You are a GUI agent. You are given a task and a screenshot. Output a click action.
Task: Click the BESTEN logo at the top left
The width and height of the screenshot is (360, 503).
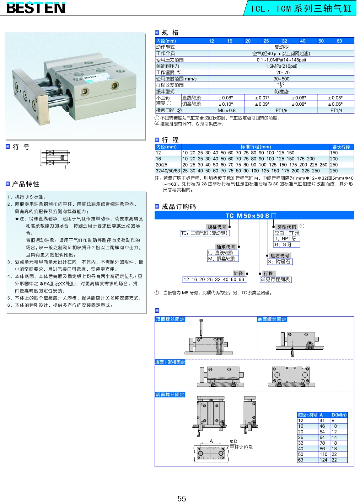point(36,8)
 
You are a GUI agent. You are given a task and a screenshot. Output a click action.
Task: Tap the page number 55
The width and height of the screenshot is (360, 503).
point(181,499)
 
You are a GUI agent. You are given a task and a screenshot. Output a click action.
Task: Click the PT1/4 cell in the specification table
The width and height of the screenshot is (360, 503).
point(336,110)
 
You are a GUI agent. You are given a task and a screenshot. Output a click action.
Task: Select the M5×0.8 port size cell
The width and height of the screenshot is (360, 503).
point(226,110)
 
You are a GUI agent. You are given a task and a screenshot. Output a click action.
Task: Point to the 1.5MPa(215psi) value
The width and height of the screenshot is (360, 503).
point(281,66)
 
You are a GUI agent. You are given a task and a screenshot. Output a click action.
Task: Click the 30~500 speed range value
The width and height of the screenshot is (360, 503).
point(281,79)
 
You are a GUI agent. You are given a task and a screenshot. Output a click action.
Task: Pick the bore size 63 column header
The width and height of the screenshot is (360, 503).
point(339,41)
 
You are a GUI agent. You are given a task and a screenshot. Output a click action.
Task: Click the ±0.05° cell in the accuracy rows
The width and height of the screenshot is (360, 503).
point(335,98)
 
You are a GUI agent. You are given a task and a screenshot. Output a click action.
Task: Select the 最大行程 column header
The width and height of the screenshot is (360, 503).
point(341,147)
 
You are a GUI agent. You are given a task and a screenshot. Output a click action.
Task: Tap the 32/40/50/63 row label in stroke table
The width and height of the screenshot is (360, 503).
point(168,171)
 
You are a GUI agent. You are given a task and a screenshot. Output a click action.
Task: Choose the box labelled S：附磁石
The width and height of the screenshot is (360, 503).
point(279,262)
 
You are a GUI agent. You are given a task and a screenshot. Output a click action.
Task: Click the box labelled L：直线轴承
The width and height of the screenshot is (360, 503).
point(223,253)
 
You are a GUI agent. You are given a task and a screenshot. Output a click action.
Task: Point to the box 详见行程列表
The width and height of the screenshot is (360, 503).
point(275,279)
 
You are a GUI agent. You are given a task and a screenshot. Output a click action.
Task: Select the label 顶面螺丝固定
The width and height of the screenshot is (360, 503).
point(170,319)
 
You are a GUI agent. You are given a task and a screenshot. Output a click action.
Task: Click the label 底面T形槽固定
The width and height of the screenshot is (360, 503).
point(170,362)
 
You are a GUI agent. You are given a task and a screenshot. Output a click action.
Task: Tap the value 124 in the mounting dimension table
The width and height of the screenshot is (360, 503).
point(323,460)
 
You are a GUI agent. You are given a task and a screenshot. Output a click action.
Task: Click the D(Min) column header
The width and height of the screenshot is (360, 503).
point(339,415)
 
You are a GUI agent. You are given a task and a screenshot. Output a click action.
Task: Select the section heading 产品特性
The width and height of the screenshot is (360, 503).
point(26,184)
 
